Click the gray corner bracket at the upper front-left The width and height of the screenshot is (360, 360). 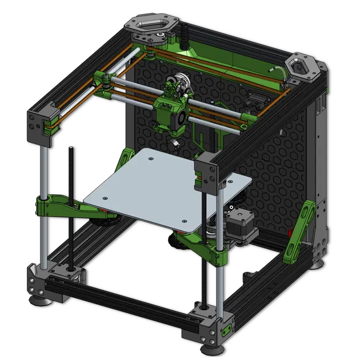(x=39, y=123)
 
